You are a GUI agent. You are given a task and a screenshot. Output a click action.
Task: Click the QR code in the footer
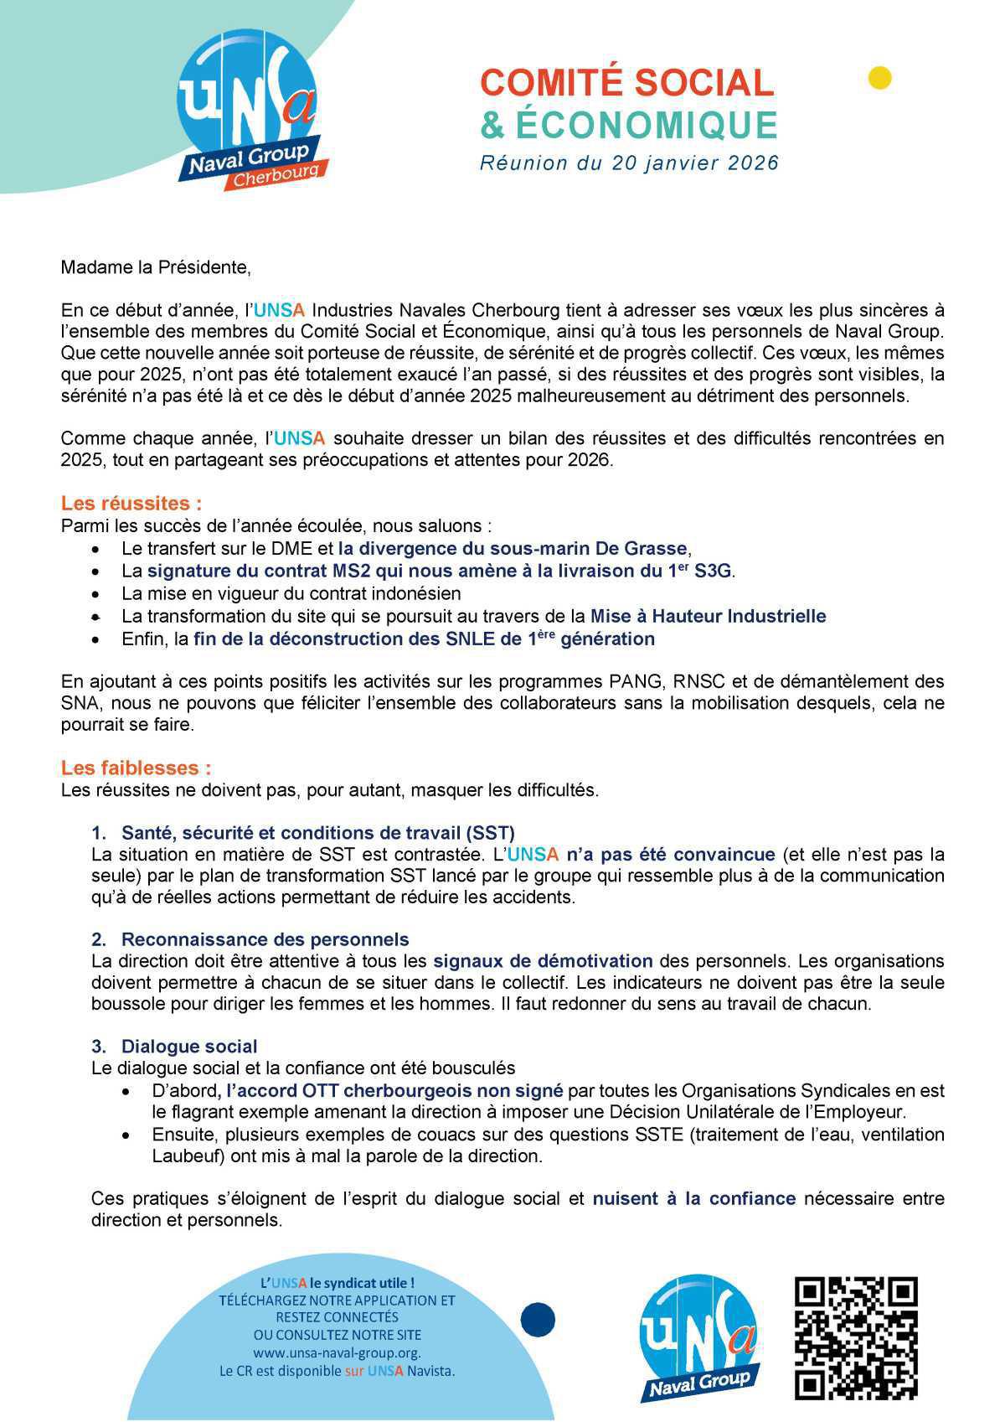tap(856, 1338)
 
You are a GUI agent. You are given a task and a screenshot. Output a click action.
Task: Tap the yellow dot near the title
tap(879, 78)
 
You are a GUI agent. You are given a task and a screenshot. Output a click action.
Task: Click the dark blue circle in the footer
tap(538, 1320)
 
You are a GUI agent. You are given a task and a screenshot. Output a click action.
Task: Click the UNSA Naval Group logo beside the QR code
tap(700, 1338)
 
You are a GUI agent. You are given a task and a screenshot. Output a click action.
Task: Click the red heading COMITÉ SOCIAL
tap(627, 83)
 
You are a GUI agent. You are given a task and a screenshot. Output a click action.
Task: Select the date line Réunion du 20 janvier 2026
tap(629, 163)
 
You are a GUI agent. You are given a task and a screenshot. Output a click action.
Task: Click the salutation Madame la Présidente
tap(156, 267)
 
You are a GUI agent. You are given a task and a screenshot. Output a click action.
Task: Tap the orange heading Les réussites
tap(131, 504)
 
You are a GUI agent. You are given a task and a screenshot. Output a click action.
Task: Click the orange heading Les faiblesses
tap(136, 768)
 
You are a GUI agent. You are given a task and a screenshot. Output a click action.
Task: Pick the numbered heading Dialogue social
tap(188, 1046)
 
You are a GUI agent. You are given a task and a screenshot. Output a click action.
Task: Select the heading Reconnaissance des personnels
tap(265, 939)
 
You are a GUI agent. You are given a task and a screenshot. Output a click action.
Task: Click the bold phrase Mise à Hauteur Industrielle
tap(708, 616)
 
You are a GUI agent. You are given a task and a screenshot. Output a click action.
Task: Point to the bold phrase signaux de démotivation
tap(542, 960)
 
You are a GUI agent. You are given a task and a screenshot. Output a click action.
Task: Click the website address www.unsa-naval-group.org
tap(337, 1352)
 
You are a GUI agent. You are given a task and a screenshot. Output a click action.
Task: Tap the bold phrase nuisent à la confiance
tap(693, 1198)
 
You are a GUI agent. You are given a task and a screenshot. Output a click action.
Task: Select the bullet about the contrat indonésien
tap(291, 593)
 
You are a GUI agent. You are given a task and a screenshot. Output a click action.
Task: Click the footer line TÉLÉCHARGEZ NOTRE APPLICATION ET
tap(337, 1300)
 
